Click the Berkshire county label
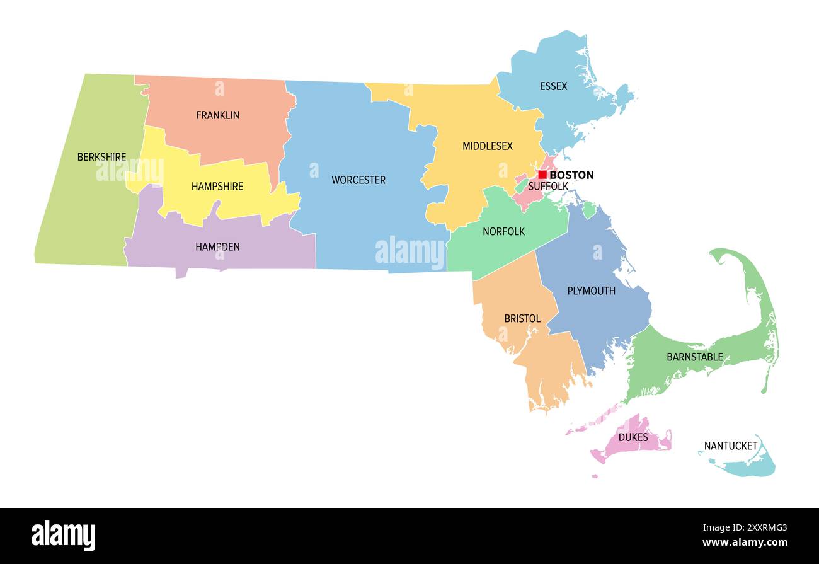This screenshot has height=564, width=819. coord(101,157)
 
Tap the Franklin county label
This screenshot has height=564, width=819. coord(217,115)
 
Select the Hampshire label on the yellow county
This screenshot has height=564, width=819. coord(217,187)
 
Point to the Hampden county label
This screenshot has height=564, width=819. coord(217,247)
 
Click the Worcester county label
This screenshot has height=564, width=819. coord(358,180)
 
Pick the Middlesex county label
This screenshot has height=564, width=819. coord(488,146)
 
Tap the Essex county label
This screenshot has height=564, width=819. coord(553,86)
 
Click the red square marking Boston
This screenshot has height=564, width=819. coord(542,175)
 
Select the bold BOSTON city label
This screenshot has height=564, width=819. coord(571,175)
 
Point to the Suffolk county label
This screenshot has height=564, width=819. coord(548,187)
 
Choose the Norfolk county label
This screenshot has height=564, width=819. coord(503,232)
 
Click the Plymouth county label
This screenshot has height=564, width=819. coord(591,291)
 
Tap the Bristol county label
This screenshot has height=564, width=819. coord(522,319)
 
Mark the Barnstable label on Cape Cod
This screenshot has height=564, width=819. coord(695,357)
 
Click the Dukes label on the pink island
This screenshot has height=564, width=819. coord(633,437)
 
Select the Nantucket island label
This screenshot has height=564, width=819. coord(731,446)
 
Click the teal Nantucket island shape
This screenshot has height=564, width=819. coord(753,467)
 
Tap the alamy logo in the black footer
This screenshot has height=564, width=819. coord(63,535)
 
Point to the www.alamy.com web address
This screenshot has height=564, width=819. coord(745,543)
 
